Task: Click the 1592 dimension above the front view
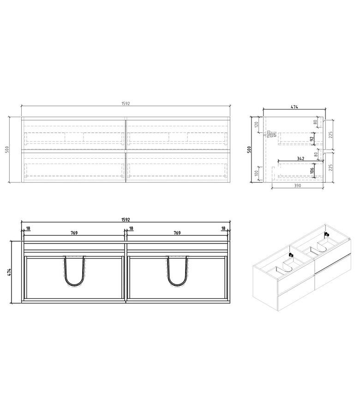click(x=126, y=104)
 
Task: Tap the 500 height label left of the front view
click(x=7, y=150)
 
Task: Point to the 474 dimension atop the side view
click(x=294, y=107)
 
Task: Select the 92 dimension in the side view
click(x=312, y=138)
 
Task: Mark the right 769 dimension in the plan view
click(x=177, y=233)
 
